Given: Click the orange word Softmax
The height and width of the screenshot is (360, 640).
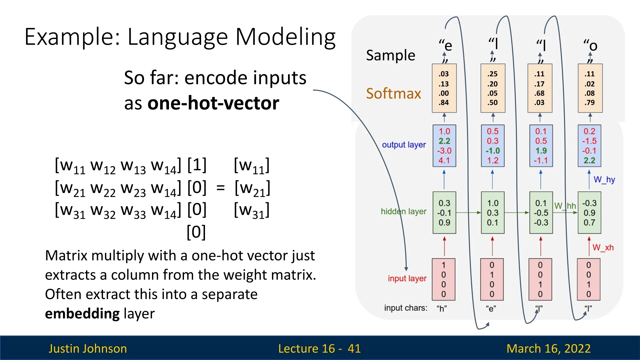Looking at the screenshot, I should point(393,94).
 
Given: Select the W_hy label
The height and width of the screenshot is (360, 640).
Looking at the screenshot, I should point(604,180).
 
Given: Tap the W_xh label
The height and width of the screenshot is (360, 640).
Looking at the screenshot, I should point(603,247).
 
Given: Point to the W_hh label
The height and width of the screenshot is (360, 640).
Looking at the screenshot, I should point(565,206).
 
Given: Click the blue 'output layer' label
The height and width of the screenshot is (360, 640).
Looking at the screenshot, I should point(404,145).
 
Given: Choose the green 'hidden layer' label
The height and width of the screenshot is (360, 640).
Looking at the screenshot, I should point(403,211).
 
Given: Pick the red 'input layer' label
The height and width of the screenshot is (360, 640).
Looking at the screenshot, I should point(407,278).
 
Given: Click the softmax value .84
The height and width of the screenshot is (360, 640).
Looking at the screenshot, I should point(444,103).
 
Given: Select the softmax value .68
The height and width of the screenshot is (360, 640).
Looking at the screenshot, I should point(539,93).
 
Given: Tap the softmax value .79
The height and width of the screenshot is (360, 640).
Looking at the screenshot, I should point(589,103).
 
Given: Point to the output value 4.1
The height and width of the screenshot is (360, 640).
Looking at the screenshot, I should point(444,160).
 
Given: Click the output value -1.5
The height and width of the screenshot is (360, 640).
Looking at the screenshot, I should point(589,141).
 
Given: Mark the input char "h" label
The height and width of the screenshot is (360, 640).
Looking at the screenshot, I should point(442,308).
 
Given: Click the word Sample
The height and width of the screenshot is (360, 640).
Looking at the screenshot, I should point(390,55).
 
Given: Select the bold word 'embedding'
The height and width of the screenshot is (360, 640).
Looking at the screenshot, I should point(82,314).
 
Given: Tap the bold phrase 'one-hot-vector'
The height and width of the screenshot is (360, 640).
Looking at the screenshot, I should point(213,103).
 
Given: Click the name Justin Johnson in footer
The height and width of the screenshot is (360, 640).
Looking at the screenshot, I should point(88,348).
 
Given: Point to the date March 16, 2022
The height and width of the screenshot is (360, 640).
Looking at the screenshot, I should point(548,348).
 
